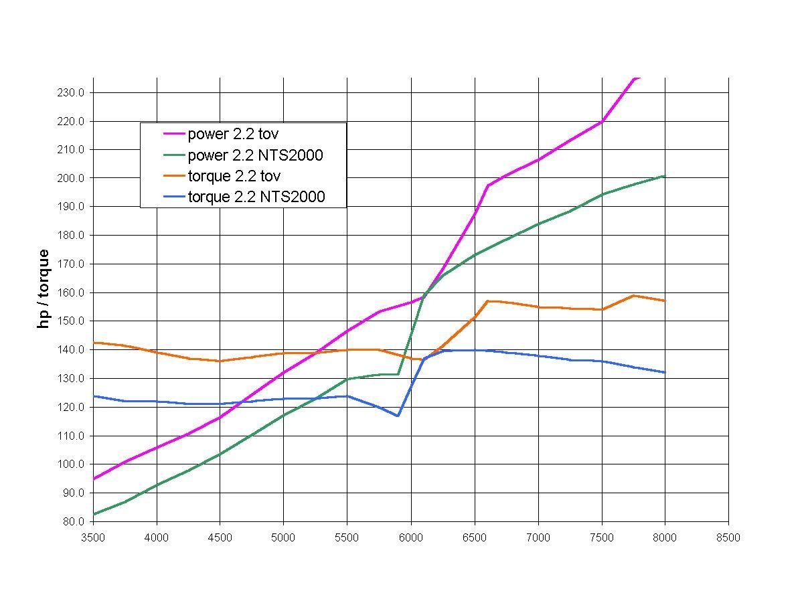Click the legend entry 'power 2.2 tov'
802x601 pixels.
[x=233, y=134]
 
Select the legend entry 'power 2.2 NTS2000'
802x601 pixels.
[x=255, y=155]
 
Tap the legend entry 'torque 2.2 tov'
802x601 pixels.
[x=234, y=176]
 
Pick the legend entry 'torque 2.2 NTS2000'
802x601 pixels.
[x=256, y=197]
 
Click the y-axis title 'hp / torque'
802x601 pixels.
[x=44, y=288]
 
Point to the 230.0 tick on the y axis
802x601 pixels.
[x=70, y=92]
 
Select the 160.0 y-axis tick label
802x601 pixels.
[x=70, y=292]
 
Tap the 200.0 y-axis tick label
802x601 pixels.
[x=70, y=178]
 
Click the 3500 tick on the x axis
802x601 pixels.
[x=93, y=538]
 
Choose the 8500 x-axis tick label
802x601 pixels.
[x=728, y=538]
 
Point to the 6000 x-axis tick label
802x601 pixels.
[x=410, y=538]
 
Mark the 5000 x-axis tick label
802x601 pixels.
[x=283, y=538]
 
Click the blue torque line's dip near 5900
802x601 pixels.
[x=398, y=416]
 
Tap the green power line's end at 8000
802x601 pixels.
[x=664, y=176]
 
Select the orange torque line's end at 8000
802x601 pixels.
[x=664, y=300]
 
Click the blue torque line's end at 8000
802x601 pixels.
[x=664, y=372]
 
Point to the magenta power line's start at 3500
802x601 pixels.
[x=94, y=479]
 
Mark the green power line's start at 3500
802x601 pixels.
[x=94, y=514]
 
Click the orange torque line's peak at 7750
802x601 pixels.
[x=633, y=296]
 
